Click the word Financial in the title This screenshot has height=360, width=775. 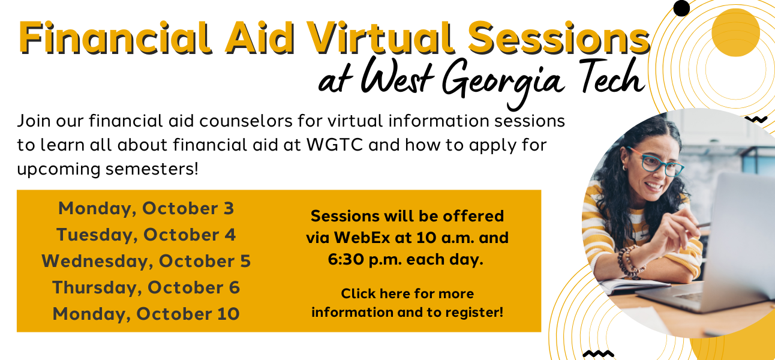coord(115,37)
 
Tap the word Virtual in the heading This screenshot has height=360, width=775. coord(380,37)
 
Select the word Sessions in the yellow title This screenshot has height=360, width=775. coord(559,37)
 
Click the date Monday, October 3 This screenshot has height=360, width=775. coord(146,209)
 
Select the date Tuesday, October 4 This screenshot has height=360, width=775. coord(146,235)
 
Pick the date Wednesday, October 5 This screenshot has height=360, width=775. coord(146,262)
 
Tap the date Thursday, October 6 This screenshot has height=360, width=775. coord(146,287)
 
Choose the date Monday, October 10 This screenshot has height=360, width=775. coord(146,314)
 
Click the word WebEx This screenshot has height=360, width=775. coord(362,238)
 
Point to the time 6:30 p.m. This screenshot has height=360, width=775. coord(365,260)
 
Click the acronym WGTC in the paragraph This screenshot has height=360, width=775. coord(335,145)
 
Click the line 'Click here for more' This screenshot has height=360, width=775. coord(407,293)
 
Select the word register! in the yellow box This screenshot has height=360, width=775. coord(474,313)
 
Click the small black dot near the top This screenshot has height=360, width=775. coord(681,8)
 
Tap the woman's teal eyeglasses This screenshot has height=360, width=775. coord(656,162)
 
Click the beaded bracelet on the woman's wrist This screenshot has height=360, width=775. coord(630,262)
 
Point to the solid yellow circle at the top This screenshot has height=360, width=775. coord(735,32)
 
